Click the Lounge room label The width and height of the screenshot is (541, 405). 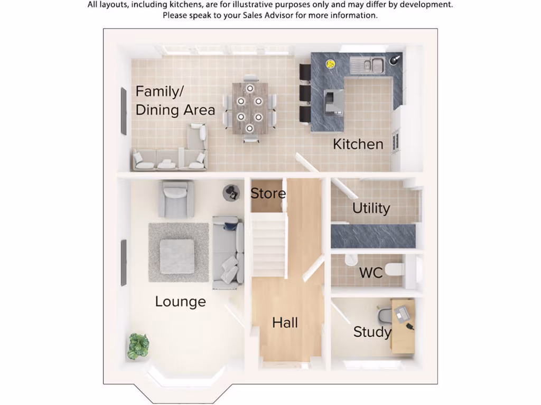tap(180, 302)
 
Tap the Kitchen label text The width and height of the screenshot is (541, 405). tap(358, 144)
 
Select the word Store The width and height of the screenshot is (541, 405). tap(268, 194)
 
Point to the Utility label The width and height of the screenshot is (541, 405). tap(371, 208)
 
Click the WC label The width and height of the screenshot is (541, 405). tap(371, 273)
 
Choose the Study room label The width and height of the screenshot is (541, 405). tap(372, 332)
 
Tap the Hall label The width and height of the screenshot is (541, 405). tap(285, 323)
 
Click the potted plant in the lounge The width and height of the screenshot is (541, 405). tap(138, 346)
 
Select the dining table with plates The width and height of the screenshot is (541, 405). tap(249, 108)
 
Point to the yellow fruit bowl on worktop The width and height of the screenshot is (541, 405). tap(330, 64)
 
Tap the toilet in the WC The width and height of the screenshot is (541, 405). tap(395, 269)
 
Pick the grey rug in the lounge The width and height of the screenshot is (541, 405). tap(178, 252)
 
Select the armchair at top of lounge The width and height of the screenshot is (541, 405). tap(176, 199)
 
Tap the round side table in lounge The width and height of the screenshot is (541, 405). tap(231, 193)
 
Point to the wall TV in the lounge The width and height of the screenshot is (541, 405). tap(124, 263)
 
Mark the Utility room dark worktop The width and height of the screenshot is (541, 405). tap(373, 236)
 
